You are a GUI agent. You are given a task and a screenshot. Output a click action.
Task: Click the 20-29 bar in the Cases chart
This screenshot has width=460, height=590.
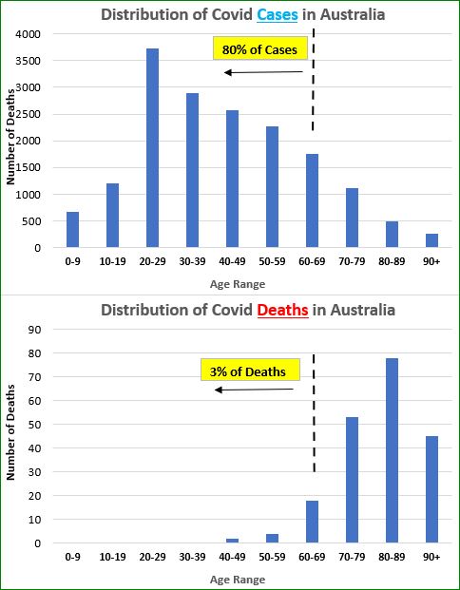152,148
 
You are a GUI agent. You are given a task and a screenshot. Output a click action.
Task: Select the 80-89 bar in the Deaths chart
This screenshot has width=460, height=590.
392,450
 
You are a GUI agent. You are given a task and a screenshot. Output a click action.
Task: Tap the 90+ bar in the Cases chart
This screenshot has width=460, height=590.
431,240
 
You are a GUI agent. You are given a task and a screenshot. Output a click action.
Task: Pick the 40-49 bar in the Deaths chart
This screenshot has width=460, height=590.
232,541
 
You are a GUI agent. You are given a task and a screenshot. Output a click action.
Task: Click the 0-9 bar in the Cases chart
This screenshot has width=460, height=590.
72,230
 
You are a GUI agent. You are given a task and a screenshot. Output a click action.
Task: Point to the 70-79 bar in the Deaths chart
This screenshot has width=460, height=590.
352,480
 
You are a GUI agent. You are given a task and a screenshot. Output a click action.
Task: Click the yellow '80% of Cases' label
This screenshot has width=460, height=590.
260,48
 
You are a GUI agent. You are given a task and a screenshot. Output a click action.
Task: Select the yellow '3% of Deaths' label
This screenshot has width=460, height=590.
250,370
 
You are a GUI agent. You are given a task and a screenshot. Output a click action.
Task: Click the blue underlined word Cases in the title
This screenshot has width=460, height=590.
278,15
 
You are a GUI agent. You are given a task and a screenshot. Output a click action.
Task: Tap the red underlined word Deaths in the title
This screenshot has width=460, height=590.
282,311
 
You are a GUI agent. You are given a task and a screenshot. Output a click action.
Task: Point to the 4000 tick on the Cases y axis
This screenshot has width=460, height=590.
28,34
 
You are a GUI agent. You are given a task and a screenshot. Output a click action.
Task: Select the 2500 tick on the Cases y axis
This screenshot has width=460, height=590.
28,114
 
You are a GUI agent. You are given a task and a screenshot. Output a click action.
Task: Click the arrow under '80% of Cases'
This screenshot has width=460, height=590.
263,72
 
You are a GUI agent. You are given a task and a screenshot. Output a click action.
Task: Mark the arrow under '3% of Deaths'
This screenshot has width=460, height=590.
254,390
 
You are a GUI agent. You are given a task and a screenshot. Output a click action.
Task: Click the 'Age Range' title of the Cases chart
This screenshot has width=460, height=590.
238,284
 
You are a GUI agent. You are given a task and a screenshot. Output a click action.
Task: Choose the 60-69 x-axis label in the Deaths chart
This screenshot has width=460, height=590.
312,557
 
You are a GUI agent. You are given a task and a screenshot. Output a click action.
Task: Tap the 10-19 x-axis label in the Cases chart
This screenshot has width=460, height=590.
112,261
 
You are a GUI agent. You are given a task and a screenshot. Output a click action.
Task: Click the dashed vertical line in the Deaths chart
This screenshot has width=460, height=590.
314,413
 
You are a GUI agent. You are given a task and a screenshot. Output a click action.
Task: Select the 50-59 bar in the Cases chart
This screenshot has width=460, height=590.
272,186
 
